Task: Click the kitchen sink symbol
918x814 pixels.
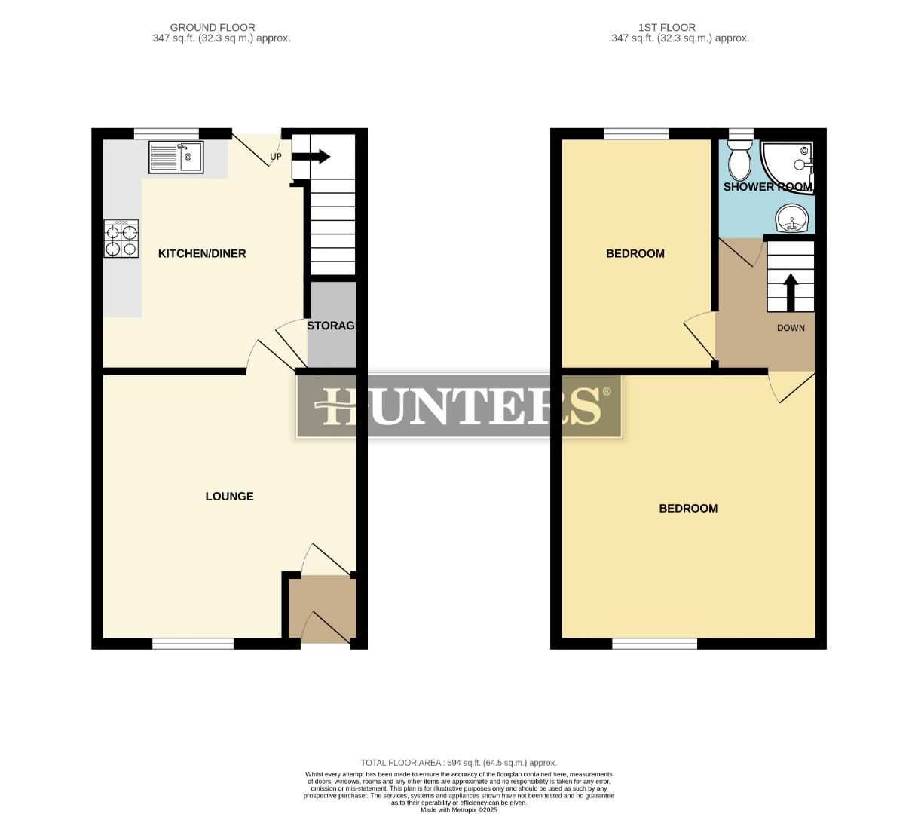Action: click(176, 158)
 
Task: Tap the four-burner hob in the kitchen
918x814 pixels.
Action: click(121, 239)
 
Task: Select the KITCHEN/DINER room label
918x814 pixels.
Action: click(202, 254)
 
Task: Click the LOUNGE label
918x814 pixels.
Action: click(230, 497)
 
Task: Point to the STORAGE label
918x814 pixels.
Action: click(331, 326)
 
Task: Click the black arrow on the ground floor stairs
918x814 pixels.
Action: click(311, 157)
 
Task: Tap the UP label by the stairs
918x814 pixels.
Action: click(276, 158)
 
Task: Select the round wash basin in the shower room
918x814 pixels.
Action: click(791, 219)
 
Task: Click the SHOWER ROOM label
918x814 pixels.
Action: click(768, 187)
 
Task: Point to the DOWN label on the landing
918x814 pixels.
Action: click(791, 328)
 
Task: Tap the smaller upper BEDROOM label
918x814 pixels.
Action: click(635, 254)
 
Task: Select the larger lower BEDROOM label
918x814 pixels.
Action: click(688, 509)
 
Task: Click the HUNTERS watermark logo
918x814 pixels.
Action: click(459, 406)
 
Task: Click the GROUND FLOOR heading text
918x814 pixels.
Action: click(213, 27)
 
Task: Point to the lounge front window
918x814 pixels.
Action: click(193, 644)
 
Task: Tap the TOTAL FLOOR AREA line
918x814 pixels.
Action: click(459, 763)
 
